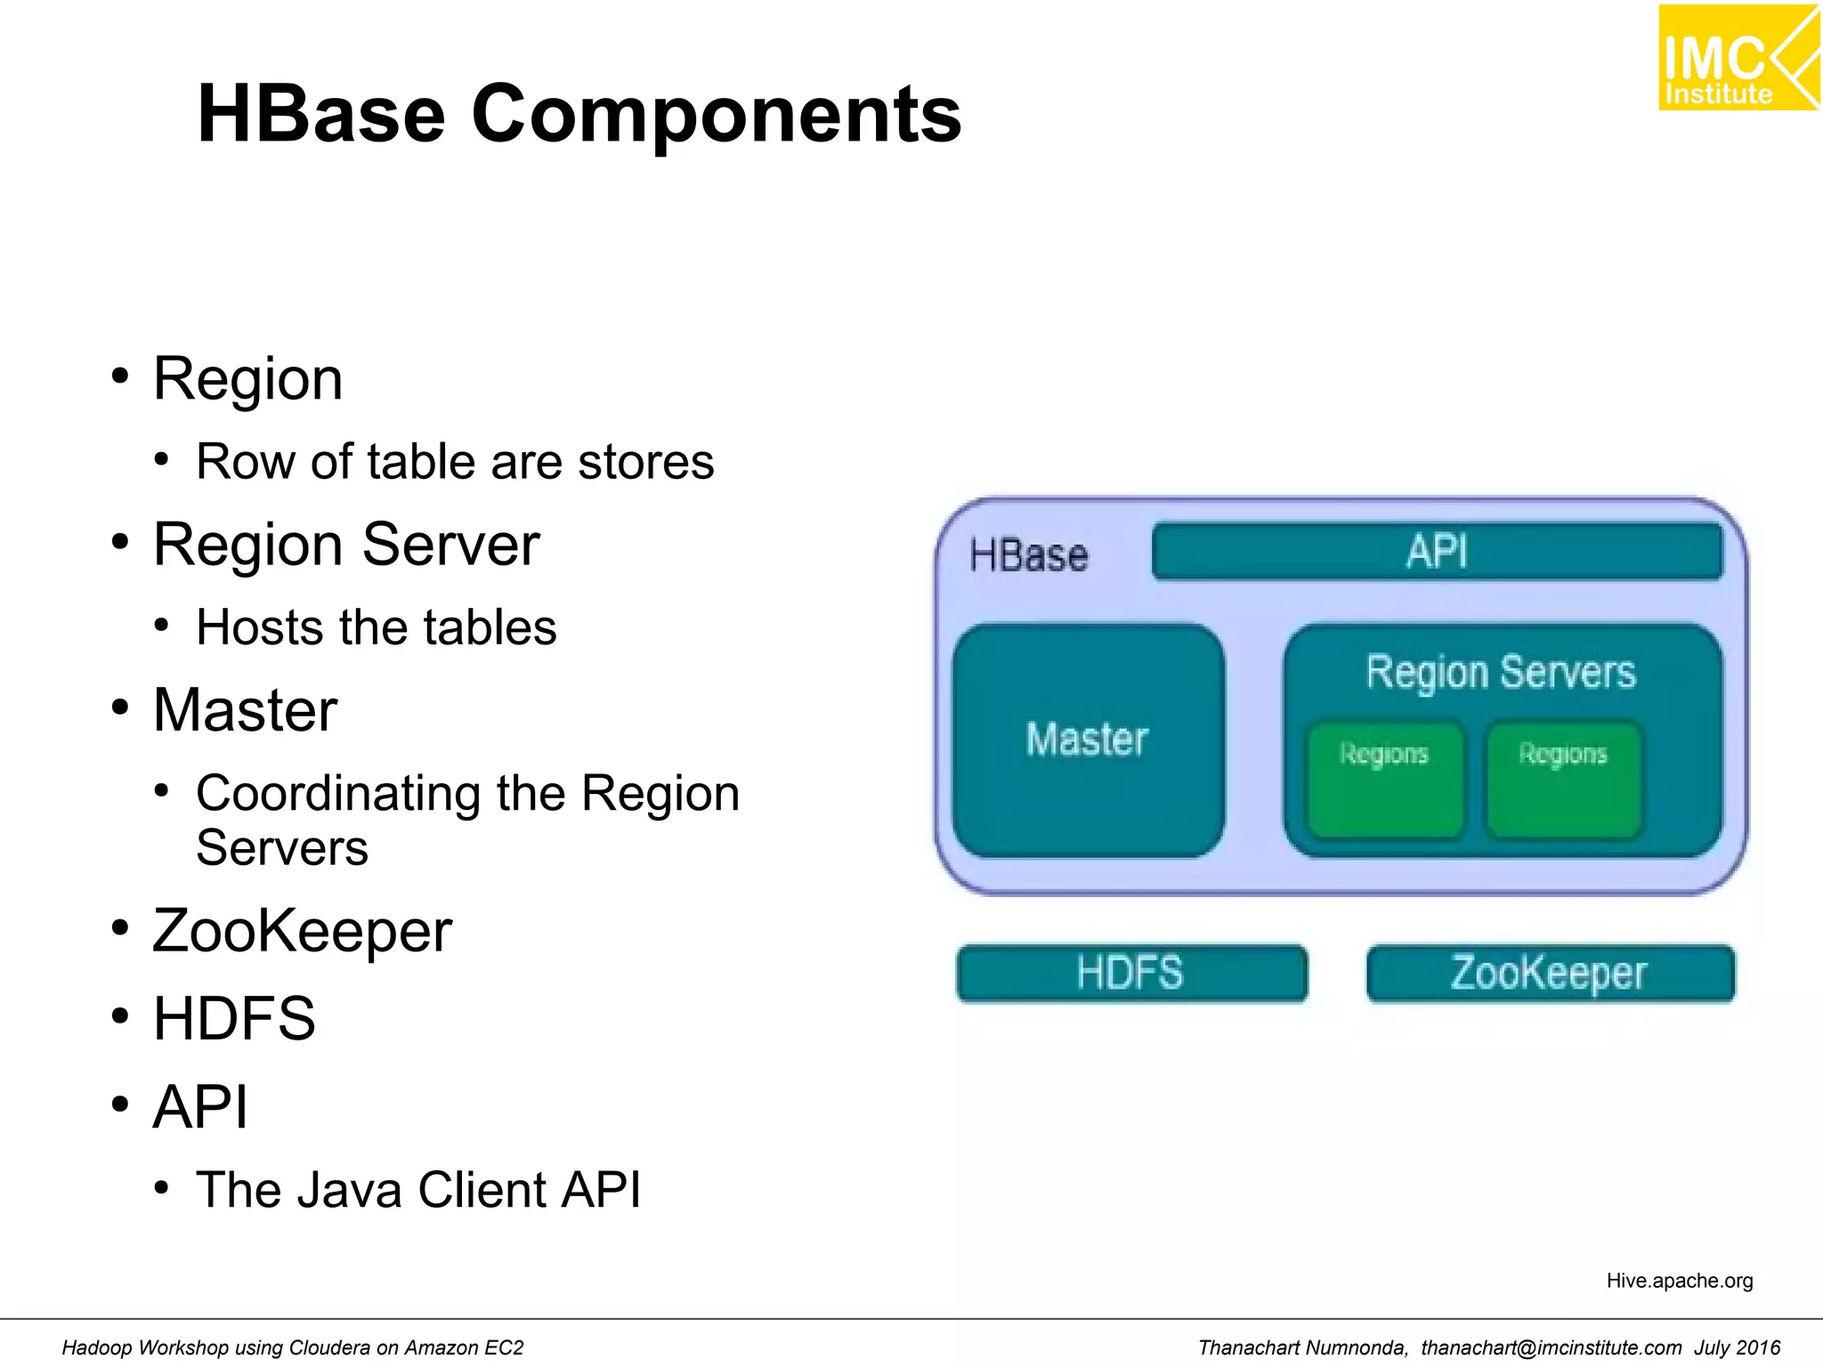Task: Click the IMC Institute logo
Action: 1737,58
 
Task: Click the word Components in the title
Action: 716,114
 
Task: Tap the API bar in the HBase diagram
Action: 1437,552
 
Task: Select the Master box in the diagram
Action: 1088,740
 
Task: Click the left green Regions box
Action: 1384,779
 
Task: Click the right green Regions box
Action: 1563,779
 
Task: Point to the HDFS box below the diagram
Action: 1130,973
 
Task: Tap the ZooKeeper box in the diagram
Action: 1550,973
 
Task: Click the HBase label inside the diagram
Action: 1028,555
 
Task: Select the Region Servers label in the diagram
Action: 1501,672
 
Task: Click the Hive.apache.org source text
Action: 1679,1281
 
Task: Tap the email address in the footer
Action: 1551,1347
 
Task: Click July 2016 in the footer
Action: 1737,1347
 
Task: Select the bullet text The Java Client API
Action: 418,1190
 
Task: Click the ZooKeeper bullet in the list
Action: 303,932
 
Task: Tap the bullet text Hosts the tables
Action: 376,627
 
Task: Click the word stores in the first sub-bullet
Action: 645,462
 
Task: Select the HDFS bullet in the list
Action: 234,1019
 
